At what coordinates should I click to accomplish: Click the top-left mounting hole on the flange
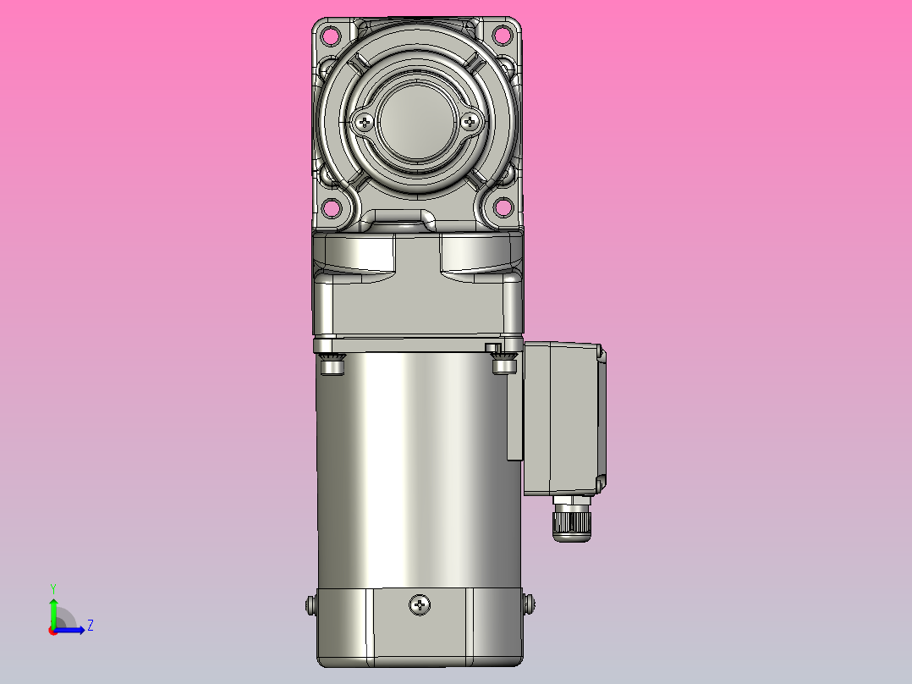pos(331,36)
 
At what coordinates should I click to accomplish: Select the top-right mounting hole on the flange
pos(503,36)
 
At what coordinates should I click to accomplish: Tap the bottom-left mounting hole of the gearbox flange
pos(331,207)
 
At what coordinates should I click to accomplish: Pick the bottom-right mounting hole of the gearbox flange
pos(503,207)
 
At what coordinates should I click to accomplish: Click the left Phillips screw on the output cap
pos(365,122)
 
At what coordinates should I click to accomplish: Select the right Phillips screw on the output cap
pos(471,122)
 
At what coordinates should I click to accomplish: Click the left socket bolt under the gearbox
pos(332,364)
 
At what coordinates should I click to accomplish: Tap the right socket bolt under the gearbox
pos(504,364)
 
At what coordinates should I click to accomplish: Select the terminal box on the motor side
pos(563,418)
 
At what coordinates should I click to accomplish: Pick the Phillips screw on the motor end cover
pos(420,604)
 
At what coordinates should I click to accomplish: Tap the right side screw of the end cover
pos(530,604)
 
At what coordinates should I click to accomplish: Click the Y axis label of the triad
pos(52,587)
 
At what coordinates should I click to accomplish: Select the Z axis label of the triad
pos(90,626)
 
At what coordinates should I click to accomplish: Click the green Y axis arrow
pos(52,610)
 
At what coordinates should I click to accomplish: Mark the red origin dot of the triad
pos(52,630)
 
